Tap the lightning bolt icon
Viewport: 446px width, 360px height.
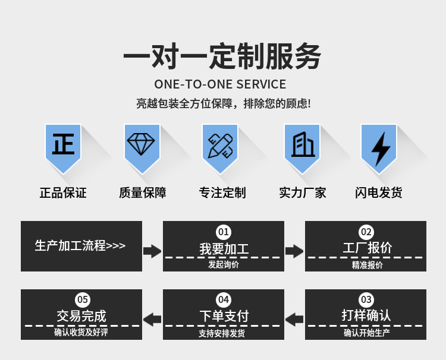(381, 149)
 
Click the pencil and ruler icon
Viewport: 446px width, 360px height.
(220, 146)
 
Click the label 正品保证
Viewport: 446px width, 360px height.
(63, 192)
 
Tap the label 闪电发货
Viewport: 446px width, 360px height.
(379, 192)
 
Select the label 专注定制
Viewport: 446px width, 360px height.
(222, 192)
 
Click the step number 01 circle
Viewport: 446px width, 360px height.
(224, 232)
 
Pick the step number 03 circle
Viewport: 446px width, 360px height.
(366, 299)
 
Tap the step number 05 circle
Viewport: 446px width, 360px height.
(83, 299)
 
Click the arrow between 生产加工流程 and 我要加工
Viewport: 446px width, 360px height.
(152, 251)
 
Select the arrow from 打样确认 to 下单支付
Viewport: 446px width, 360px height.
(294, 320)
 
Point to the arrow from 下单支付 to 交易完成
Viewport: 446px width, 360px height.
(152, 320)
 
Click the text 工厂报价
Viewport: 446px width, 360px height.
(368, 248)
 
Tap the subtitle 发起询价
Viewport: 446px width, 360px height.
(224, 264)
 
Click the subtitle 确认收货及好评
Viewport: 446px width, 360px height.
(81, 332)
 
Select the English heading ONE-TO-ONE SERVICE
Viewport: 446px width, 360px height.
(220, 84)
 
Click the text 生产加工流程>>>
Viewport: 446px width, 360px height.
(80, 245)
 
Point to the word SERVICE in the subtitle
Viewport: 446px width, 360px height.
(261, 84)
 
